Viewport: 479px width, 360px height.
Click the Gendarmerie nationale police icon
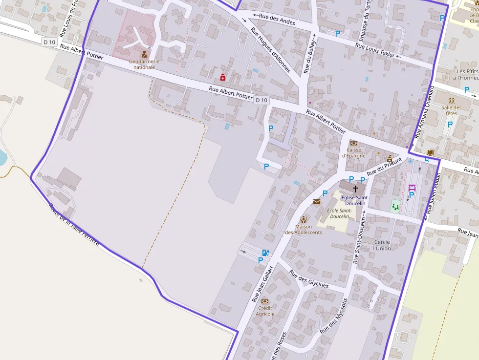144,54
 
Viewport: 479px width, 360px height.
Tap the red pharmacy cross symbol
223,77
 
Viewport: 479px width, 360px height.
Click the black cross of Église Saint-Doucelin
355,188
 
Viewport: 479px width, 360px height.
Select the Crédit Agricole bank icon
265,301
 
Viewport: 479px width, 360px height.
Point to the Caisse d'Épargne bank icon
353,143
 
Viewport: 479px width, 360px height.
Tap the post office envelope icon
317,202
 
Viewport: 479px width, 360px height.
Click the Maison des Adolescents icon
304,219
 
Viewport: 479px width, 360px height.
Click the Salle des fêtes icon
451,101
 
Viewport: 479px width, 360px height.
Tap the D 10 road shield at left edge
49,42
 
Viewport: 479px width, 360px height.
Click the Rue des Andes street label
277,19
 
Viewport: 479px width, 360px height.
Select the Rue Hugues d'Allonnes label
270,50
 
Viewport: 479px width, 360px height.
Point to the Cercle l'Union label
382,245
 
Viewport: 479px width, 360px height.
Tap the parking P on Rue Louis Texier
337,33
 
